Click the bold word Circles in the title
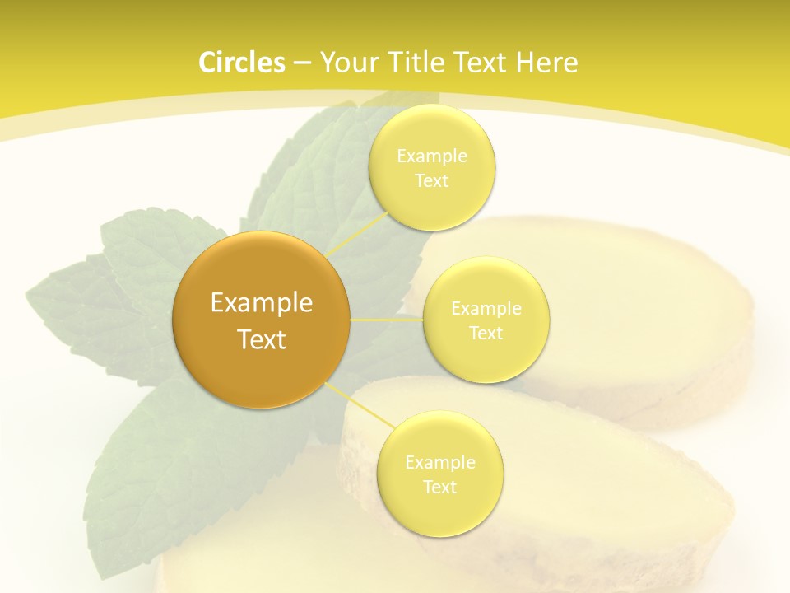(x=241, y=63)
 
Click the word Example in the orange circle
(x=262, y=303)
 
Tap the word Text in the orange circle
(x=262, y=339)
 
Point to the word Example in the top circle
(x=432, y=156)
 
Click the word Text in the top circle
(x=432, y=180)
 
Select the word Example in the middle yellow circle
(x=486, y=308)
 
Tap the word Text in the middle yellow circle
(x=486, y=333)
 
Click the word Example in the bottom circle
(x=440, y=462)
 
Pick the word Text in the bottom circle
(x=440, y=487)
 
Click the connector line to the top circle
(x=359, y=233)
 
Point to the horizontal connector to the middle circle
(x=387, y=319)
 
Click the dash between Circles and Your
(x=302, y=63)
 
